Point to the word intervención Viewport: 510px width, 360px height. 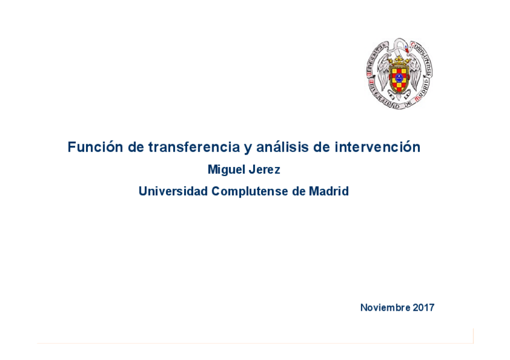[377, 147]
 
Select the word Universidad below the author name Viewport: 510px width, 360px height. [173, 192]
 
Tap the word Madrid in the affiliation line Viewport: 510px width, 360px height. [328, 192]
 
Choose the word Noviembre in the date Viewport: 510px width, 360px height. [385, 308]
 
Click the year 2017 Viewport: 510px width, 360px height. [423, 308]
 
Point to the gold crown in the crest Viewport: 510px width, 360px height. [399, 61]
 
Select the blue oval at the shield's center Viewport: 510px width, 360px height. [399, 78]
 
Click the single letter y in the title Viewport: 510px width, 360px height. [248, 148]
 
